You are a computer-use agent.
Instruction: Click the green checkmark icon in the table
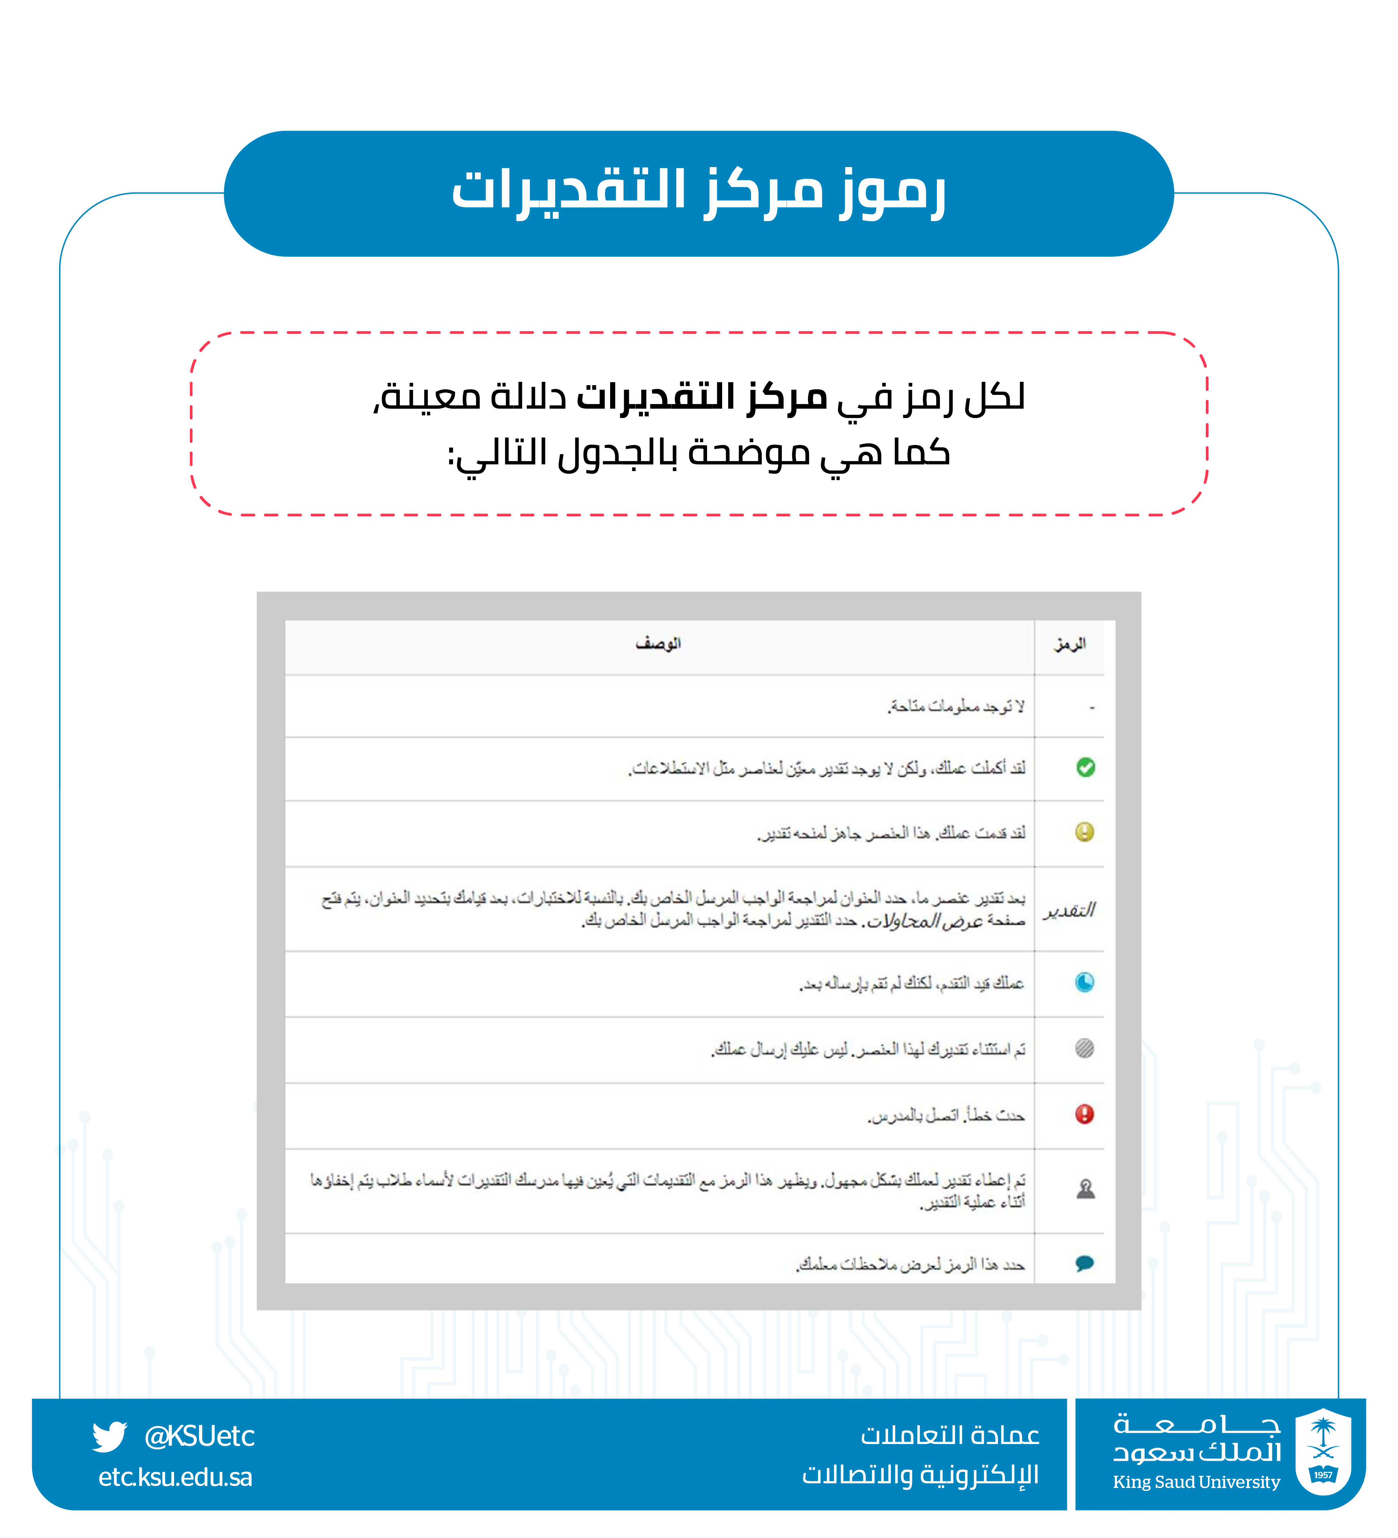click(x=1085, y=767)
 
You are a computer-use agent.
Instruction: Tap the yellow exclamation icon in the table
click(x=1084, y=832)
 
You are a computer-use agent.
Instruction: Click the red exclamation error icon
click(x=1084, y=1115)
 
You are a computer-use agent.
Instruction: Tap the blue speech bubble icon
click(x=1084, y=1263)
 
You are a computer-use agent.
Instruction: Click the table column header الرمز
click(x=1070, y=645)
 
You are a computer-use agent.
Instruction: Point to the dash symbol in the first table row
click(x=1092, y=708)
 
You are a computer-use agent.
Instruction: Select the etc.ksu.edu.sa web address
click(x=175, y=1478)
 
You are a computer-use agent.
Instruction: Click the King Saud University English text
click(x=1196, y=1482)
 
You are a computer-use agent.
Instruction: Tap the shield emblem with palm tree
click(x=1323, y=1451)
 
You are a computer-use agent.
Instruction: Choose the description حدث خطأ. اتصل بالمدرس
click(x=946, y=1116)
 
